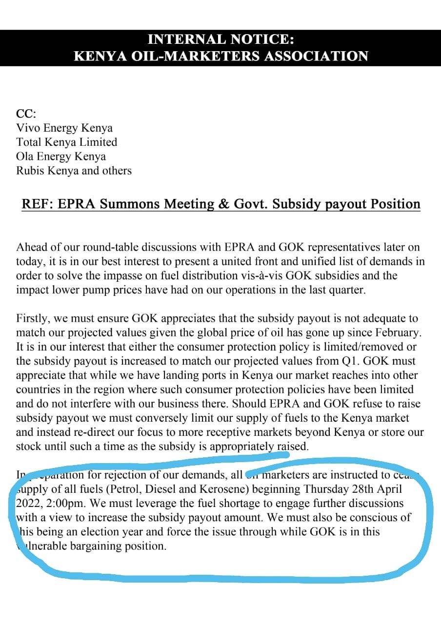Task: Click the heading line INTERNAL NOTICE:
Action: point(220,39)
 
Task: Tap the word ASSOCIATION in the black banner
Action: point(316,56)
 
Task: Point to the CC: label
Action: point(26,114)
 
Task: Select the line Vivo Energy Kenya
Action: point(64,128)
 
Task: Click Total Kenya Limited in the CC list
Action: point(66,142)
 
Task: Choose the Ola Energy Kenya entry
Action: point(61,156)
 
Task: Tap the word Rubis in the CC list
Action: point(31,171)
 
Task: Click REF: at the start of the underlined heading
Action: point(37,204)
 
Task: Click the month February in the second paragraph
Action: point(397,332)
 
